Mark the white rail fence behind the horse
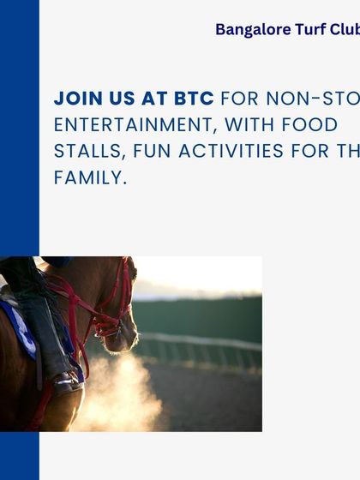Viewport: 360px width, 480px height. coord(206,347)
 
